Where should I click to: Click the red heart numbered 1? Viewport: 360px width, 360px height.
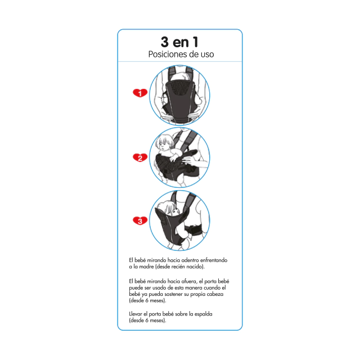pos(140,93)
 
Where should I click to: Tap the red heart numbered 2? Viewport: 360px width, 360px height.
pos(140,157)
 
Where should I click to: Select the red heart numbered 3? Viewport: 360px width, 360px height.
pos(140,220)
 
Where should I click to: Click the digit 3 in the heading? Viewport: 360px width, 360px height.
pos(165,42)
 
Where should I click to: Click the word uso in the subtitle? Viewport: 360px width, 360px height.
pos(208,55)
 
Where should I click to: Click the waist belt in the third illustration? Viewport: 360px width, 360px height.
pos(195,230)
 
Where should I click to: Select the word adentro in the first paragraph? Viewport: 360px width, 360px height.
pos(190,260)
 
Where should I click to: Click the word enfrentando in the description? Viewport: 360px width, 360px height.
pos(214,260)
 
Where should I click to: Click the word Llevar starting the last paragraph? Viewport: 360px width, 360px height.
pos(136,314)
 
